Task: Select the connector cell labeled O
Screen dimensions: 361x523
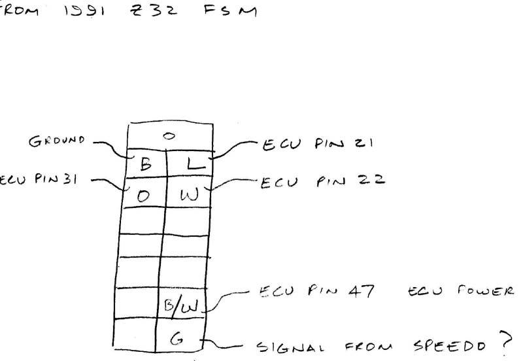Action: pos(144,194)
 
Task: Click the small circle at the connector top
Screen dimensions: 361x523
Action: pos(169,136)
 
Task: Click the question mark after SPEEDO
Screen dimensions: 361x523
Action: pos(503,340)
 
